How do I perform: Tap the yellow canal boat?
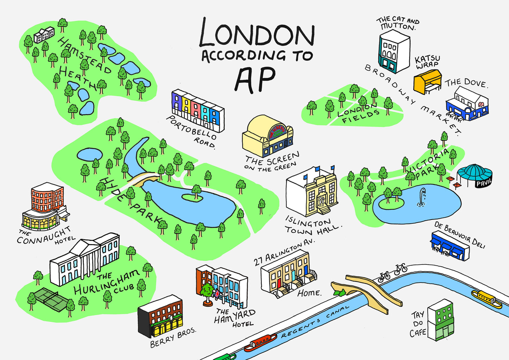[x=486, y=299]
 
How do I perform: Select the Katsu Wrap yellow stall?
[x=427, y=82]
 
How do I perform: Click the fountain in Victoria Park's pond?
[x=421, y=197]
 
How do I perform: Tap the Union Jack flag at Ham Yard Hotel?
[x=217, y=293]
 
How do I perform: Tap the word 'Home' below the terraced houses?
[x=309, y=293]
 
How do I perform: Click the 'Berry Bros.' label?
[x=173, y=337]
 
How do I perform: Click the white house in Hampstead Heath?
[x=44, y=34]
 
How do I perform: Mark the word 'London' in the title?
[x=256, y=33]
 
